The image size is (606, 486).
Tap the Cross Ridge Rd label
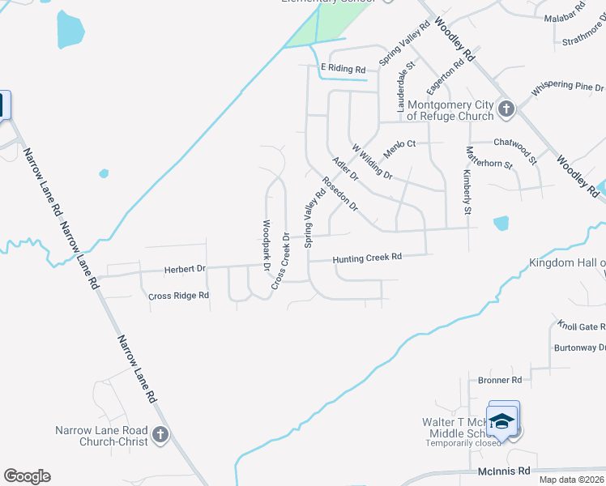[x=179, y=296]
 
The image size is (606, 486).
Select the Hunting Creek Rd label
[x=367, y=258]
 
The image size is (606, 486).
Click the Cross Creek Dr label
[x=280, y=261]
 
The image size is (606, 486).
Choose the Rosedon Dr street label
[x=340, y=194]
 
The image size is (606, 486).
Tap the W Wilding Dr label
[x=372, y=161]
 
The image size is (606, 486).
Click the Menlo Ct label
[x=399, y=143]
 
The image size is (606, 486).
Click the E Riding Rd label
[x=343, y=70]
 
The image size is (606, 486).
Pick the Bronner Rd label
[x=500, y=380]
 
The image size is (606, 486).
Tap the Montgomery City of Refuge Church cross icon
[x=506, y=109]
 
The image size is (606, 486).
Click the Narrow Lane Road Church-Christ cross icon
[x=160, y=435]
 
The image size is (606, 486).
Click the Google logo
[x=27, y=476]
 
